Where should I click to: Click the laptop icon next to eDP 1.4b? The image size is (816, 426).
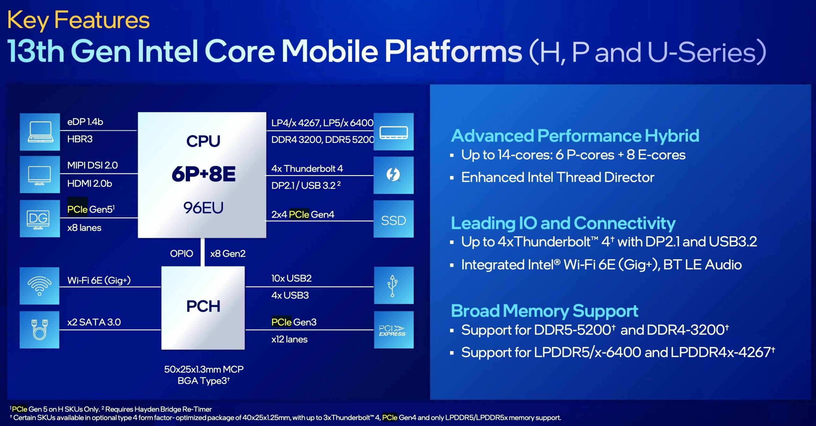pos(40,132)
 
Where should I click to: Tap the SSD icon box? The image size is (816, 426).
pos(393,220)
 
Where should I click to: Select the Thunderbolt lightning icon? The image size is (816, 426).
pos(393,175)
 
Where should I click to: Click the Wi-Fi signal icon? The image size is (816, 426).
pos(40,285)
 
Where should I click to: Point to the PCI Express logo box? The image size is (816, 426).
pos(393,330)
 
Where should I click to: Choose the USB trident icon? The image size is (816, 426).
pos(393,286)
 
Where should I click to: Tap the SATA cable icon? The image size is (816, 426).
pos(40,329)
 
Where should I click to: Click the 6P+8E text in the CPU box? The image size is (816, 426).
pos(203,174)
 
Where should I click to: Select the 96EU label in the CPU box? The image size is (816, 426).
pos(203,208)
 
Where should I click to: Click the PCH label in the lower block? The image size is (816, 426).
pos(203,306)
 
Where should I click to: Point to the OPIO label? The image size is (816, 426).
pos(181,254)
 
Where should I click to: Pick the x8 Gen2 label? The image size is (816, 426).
pos(228,254)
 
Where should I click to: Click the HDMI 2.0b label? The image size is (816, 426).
pos(90,184)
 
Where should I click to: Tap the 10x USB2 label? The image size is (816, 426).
pos(291,278)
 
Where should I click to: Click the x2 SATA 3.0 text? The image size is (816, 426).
pos(94,322)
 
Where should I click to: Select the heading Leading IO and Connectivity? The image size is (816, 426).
pos(563,223)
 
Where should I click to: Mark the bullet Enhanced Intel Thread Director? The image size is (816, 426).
pos(557,177)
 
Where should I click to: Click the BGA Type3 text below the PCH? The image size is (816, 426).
pos(203,381)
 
